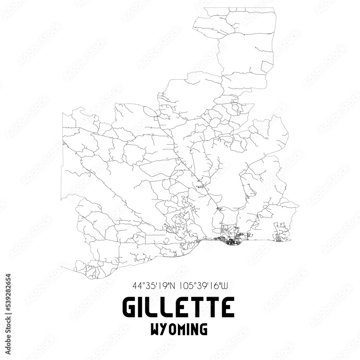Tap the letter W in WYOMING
pyautogui.click(x=157, y=329)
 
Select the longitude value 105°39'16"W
pyautogui.click(x=203, y=287)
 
